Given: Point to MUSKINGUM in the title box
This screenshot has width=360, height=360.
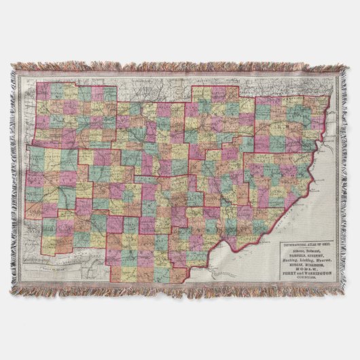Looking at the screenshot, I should click(x=314, y=265).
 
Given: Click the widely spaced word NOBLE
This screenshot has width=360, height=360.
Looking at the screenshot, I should click(x=307, y=269).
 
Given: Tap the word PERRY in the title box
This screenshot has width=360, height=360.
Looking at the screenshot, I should click(x=289, y=274).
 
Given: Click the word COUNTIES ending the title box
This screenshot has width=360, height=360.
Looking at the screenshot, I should click(x=306, y=277).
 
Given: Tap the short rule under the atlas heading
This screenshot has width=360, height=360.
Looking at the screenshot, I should click(x=306, y=247).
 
